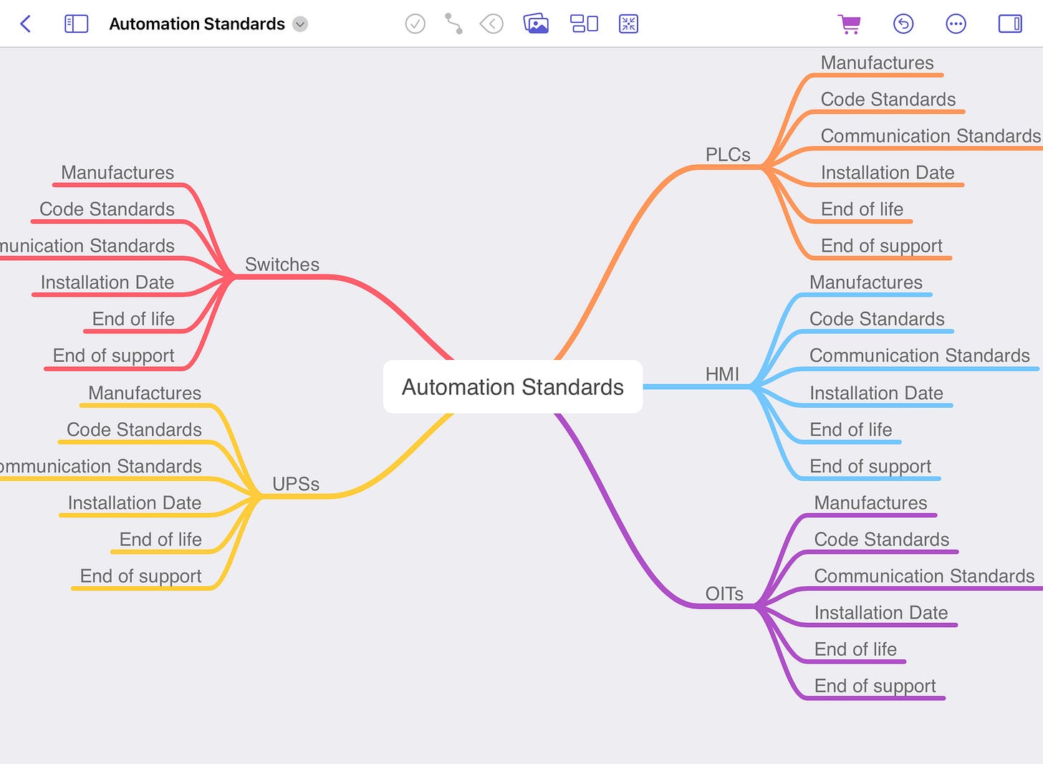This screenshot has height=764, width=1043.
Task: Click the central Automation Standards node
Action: click(513, 387)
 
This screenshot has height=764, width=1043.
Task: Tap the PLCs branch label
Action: click(728, 155)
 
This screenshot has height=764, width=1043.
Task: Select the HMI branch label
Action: click(722, 374)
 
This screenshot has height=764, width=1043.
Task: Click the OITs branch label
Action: click(724, 594)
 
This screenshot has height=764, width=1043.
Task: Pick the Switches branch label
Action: click(282, 264)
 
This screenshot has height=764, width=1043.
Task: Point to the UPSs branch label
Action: click(296, 484)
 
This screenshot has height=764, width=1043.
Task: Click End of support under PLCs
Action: click(881, 246)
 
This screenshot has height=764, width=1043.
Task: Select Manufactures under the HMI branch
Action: click(865, 282)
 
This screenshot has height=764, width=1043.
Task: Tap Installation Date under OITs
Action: click(880, 613)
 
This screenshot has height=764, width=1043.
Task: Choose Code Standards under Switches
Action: click(107, 209)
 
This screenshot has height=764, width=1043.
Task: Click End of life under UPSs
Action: click(160, 540)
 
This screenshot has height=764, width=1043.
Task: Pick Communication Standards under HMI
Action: click(919, 356)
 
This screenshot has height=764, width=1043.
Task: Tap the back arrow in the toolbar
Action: click(26, 24)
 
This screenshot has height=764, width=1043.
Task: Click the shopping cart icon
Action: click(850, 24)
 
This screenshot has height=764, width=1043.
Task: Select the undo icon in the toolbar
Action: click(903, 24)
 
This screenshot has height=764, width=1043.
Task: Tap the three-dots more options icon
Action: click(956, 24)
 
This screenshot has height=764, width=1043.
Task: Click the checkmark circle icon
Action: click(415, 24)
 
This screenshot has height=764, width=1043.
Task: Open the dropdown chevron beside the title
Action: click(301, 24)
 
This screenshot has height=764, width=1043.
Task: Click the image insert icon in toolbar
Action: click(536, 24)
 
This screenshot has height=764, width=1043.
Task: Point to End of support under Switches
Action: click(113, 356)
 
